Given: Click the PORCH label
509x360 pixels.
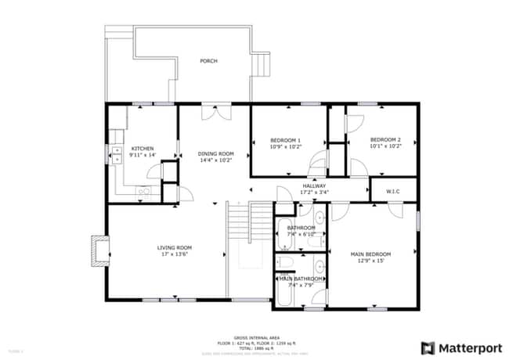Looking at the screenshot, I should click(x=208, y=61).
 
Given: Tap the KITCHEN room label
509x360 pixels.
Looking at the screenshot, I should click(x=142, y=149).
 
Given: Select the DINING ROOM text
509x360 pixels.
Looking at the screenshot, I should click(x=215, y=153).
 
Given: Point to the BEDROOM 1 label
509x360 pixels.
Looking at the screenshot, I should click(x=286, y=140).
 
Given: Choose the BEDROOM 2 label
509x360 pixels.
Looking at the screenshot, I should click(x=385, y=140).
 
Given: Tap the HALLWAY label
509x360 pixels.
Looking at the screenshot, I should click(x=315, y=186).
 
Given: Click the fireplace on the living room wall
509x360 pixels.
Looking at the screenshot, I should click(x=99, y=251).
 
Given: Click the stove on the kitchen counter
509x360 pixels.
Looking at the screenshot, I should click(x=144, y=190).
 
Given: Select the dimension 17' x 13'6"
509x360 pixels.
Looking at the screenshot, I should click(x=174, y=254).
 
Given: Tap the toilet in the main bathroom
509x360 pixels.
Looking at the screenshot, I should click(x=286, y=262).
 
